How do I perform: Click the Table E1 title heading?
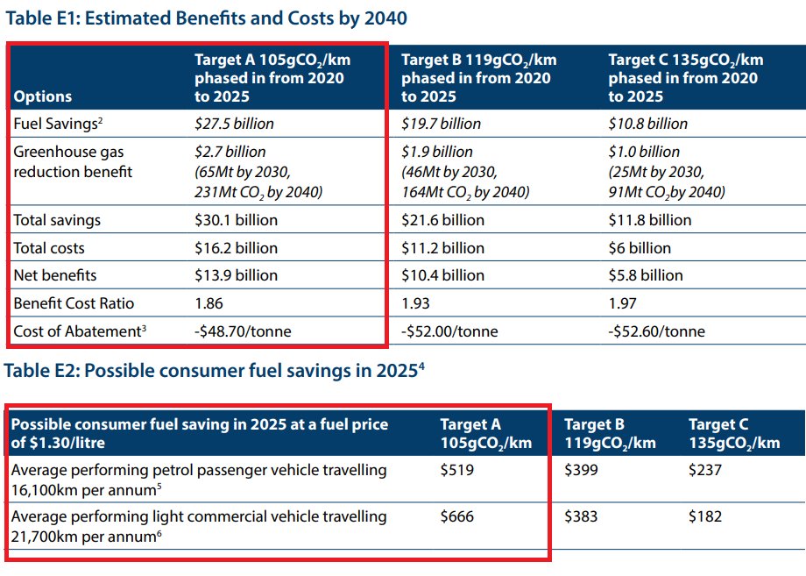[207, 18]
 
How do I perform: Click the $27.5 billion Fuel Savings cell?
[234, 124]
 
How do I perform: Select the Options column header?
[43, 96]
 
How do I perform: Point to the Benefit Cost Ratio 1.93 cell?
[416, 303]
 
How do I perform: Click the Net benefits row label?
[55, 275]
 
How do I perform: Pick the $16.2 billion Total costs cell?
[236, 248]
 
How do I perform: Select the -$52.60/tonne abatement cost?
[656, 331]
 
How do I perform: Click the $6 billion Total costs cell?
[640, 248]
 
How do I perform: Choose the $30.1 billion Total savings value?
[236, 220]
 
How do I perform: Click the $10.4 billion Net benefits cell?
[442, 275]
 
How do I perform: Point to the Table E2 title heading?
[215, 371]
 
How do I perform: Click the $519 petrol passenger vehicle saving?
[456, 470]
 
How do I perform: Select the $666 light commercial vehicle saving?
[456, 516]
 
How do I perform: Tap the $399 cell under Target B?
[581, 470]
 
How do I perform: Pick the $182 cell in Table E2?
[705, 516]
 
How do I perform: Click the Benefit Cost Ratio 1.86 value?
[209, 303]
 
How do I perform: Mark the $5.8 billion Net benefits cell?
[646, 275]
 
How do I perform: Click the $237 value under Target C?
[705, 470]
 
